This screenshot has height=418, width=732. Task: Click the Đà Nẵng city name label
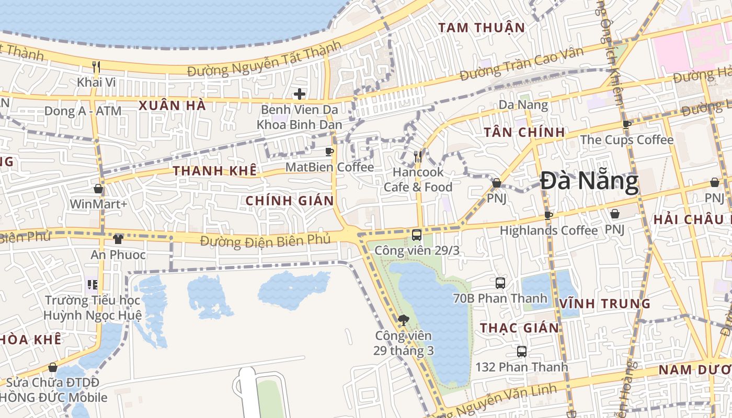(x=589, y=182)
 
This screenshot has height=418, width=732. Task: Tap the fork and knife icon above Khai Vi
(x=96, y=67)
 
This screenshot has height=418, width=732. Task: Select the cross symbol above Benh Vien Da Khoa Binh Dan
(x=299, y=94)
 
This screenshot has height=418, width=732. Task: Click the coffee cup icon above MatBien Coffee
(x=329, y=152)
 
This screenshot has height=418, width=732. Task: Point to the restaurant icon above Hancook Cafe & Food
(x=418, y=156)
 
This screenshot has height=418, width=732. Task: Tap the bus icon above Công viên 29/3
(x=417, y=235)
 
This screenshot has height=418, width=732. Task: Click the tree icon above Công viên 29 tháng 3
(x=403, y=320)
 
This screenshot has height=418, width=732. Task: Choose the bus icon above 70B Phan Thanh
(x=500, y=283)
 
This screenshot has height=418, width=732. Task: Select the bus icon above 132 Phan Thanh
(x=521, y=352)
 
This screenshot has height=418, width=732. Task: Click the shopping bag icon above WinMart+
(x=98, y=189)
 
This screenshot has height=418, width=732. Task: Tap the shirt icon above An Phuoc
(x=118, y=239)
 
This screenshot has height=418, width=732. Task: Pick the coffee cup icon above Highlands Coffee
(x=548, y=215)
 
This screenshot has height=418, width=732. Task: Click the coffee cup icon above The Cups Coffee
(x=627, y=124)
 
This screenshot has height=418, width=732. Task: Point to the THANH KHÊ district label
(x=215, y=171)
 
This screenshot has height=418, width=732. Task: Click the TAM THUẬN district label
(x=482, y=28)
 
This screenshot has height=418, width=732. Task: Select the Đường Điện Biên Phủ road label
(x=266, y=240)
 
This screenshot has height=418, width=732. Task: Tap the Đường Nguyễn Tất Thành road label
(x=264, y=61)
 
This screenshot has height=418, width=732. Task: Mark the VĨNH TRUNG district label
(x=605, y=304)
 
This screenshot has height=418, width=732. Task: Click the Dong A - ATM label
(x=83, y=111)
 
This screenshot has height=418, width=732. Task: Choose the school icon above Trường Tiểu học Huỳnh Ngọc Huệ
(x=93, y=285)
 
